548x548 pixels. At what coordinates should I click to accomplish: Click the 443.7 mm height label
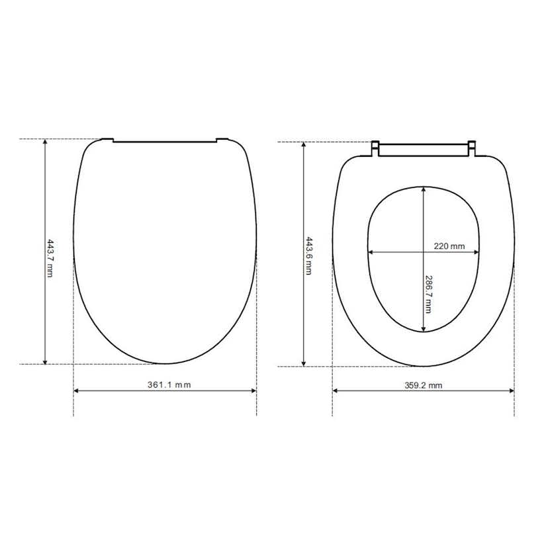coord(50,258)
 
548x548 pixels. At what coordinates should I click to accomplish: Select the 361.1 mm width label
coord(169,385)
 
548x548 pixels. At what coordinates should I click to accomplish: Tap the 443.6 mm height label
coord(309,256)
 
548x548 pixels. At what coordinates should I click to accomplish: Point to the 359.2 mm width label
coord(423,385)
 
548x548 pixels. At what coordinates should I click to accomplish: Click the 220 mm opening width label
coord(449,246)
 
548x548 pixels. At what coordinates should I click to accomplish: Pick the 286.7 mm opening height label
coord(428,294)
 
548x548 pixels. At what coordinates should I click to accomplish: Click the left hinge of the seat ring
coord(375,149)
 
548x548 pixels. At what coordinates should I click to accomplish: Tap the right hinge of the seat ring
coord(471,149)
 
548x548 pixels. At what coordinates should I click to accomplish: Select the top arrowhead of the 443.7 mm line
coord(45,142)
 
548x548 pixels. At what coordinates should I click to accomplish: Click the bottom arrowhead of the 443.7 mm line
coord(45,361)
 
